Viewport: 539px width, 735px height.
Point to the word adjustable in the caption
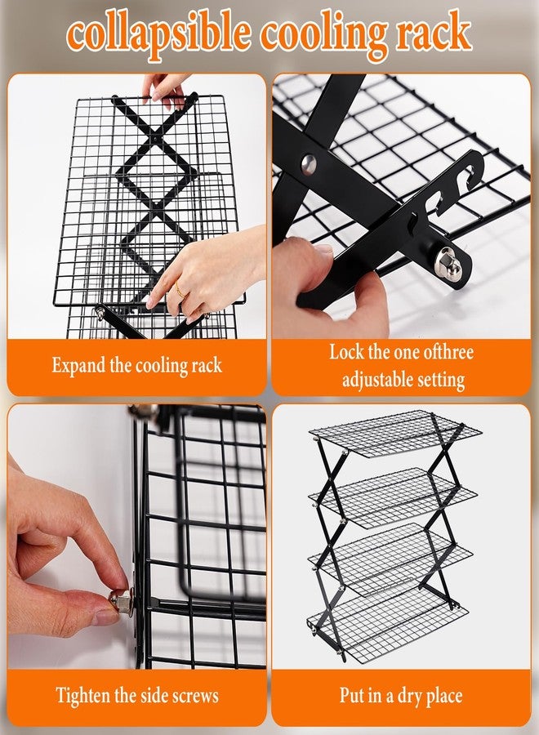(370, 380)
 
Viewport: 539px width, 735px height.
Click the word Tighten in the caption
(83, 696)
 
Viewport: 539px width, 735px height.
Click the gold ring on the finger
(180, 291)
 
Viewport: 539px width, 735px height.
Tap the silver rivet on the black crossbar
(309, 164)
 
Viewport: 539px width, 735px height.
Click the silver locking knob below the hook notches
(448, 261)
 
